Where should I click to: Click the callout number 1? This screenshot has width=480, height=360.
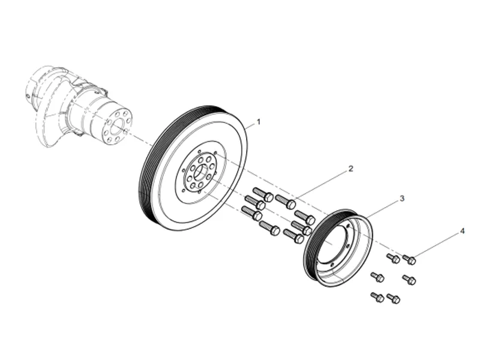[259, 121]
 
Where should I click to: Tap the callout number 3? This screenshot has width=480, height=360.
[401, 197]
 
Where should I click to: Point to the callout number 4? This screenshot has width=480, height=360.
[461, 230]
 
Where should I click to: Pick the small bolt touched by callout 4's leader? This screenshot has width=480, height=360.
[410, 260]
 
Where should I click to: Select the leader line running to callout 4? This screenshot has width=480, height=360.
[436, 245]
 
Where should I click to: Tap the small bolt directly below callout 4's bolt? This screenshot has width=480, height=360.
[409, 280]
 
